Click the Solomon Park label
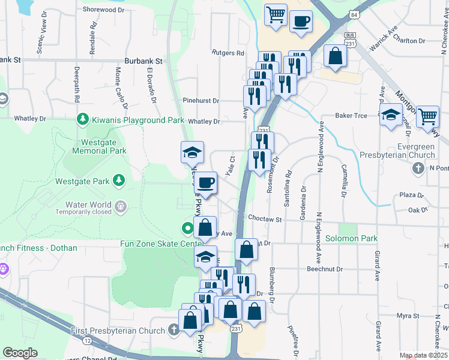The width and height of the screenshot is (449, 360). tap(351, 238)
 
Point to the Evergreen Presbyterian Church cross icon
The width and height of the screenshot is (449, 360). tap(418, 168)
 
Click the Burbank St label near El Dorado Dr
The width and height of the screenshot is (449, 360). tap(143, 61)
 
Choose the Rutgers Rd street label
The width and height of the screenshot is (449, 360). tap(228, 53)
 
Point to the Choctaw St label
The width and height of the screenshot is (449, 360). tap(265, 220)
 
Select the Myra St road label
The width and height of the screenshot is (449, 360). tap(407, 316)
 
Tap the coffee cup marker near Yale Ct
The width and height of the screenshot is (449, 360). tap(205, 182)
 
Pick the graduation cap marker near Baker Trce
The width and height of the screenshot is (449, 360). tap(391, 113)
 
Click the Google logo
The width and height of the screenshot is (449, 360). tap(20, 353)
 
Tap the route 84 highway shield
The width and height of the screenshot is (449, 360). tap(355, 14)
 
